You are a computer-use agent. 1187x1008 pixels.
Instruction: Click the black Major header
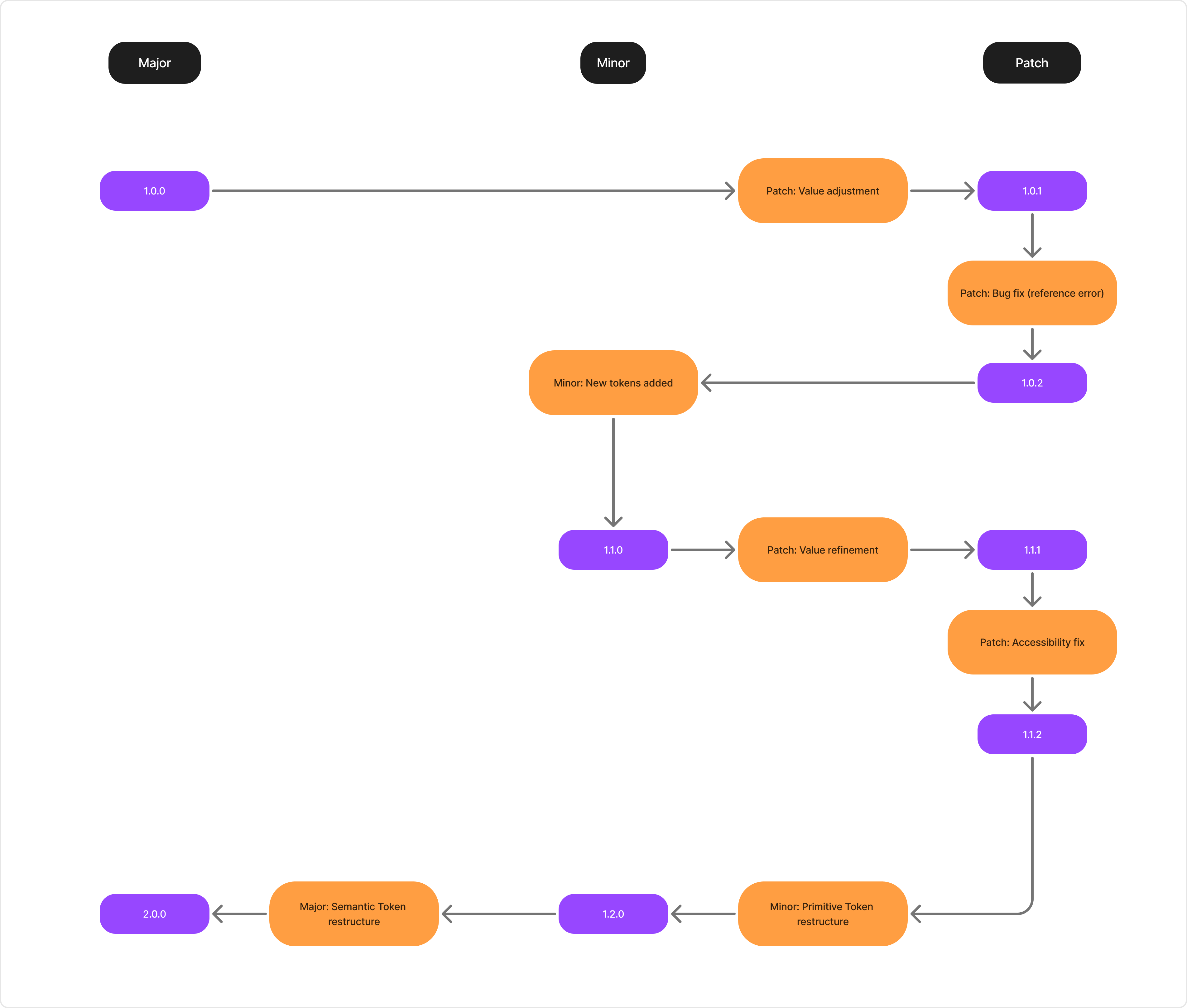click(154, 63)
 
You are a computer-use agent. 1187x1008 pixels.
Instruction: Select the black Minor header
click(613, 63)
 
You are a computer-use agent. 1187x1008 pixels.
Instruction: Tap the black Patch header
click(1031, 63)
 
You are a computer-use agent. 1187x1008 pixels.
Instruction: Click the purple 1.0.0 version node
click(154, 191)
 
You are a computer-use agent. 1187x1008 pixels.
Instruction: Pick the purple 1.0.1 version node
click(1031, 191)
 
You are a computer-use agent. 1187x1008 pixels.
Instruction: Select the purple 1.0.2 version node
click(1031, 383)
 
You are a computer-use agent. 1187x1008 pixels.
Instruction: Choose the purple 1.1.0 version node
click(613, 550)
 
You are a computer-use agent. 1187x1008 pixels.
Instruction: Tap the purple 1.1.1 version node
click(1031, 550)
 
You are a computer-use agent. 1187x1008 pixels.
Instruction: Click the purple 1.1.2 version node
click(1031, 734)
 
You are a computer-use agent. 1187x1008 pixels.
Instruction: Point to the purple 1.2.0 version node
click(613, 914)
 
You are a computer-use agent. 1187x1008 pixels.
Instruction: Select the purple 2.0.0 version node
click(154, 914)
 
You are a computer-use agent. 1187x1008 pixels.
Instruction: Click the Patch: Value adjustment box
click(822, 191)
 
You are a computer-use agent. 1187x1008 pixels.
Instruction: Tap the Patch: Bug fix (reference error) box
click(1031, 293)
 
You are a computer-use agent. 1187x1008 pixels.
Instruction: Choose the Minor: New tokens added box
click(613, 383)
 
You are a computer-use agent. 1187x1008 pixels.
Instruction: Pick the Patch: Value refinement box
click(822, 550)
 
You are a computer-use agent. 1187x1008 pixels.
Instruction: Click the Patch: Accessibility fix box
click(1031, 642)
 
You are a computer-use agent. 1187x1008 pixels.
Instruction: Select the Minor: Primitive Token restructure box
click(822, 914)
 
